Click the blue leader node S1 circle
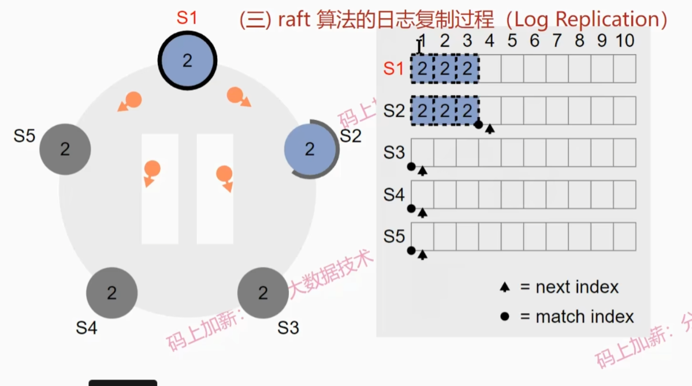click(187, 60)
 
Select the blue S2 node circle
click(310, 149)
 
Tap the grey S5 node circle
click(65, 149)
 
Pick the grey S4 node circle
click(111, 293)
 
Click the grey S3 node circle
click(263, 293)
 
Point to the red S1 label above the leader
click(187, 18)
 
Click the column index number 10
click(625, 40)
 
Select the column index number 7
click(556, 40)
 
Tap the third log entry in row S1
click(467, 69)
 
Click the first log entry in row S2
click(422, 111)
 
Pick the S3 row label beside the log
click(394, 153)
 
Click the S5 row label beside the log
click(394, 237)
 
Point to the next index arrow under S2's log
click(490, 129)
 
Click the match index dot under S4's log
click(411, 208)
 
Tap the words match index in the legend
click(585, 316)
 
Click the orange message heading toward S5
click(131, 101)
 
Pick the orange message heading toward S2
click(237, 96)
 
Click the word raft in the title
click(294, 20)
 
